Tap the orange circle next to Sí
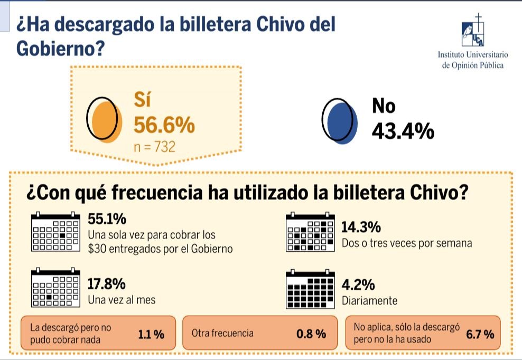point(102,120)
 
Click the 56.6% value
point(164,126)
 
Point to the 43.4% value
point(403,130)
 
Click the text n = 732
point(154,146)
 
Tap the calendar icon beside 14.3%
point(310,232)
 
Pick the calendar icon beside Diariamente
point(310,289)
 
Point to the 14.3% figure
point(361,228)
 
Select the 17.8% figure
point(107,284)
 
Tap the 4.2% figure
point(358,286)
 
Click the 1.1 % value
point(151,334)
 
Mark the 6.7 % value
point(480,334)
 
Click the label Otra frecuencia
point(222,333)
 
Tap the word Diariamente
point(369,301)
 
